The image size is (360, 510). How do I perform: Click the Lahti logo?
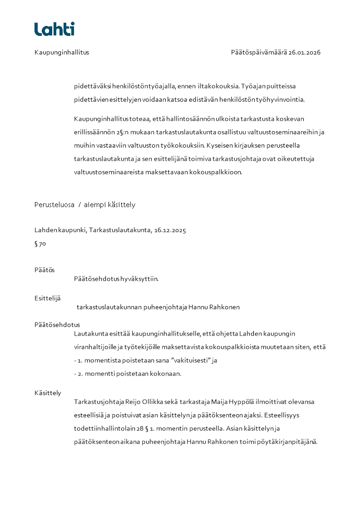(x=54, y=29)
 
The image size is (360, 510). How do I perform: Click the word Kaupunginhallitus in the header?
(x=62, y=52)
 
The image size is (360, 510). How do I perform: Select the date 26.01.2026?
(x=305, y=52)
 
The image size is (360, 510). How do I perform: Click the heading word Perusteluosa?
(x=54, y=205)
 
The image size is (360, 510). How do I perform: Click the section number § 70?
(x=40, y=244)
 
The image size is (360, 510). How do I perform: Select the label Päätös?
(x=44, y=270)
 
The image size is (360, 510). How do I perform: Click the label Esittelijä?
(x=48, y=298)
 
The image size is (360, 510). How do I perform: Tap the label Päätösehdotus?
(x=57, y=325)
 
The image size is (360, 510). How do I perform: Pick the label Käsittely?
(x=48, y=393)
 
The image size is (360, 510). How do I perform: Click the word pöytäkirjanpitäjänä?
(x=288, y=441)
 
